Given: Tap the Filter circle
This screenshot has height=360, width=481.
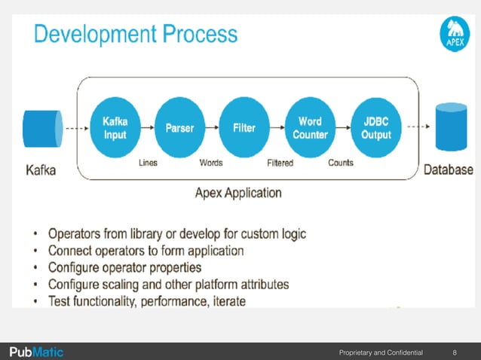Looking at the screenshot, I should [244, 128].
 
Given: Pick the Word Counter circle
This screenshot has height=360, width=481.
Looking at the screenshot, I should [311, 128].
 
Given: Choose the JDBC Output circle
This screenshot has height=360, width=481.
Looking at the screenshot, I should [376, 128].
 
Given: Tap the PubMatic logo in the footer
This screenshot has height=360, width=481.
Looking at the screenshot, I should [36, 352].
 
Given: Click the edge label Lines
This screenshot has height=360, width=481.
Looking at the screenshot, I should [148, 163].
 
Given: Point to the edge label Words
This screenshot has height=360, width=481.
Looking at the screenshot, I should [210, 163].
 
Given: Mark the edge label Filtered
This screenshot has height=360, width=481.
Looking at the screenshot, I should [280, 163].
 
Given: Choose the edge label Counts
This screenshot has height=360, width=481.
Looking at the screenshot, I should [341, 163].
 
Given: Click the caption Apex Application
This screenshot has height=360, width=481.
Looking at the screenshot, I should [238, 193].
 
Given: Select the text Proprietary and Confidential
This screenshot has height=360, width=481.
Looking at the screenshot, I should [381, 352].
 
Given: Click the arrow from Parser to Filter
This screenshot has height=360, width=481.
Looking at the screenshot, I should [212, 128].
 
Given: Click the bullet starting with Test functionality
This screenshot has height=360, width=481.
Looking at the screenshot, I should [147, 301].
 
